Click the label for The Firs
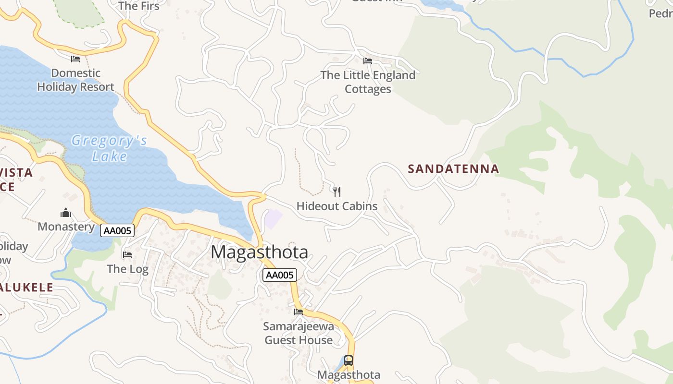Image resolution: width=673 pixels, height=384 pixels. click(138, 6)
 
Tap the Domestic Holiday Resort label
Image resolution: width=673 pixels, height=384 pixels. click(76, 80)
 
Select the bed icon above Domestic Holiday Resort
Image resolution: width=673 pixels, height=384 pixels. click(75, 59)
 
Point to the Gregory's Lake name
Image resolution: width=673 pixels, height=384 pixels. click(109, 148)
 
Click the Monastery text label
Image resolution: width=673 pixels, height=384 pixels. click(66, 227)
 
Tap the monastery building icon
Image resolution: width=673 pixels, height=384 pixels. click(66, 213)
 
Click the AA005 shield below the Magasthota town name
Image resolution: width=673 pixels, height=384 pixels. click(280, 275)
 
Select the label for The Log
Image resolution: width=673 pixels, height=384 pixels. click(127, 269)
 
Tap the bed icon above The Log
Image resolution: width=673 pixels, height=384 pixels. click(127, 254)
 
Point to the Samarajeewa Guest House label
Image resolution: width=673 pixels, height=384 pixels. click(299, 333)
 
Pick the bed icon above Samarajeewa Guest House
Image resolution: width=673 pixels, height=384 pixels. click(299, 312)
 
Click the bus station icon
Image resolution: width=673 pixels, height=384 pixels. click(349, 360)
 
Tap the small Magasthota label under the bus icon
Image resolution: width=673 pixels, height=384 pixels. click(349, 375)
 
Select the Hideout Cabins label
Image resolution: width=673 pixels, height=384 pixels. click(337, 206)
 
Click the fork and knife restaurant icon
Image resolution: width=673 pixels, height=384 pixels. click(337, 192)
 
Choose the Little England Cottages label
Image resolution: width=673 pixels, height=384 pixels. click(368, 82)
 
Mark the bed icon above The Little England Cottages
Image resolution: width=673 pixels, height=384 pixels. click(368, 61)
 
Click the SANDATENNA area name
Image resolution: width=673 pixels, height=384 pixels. click(453, 169)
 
